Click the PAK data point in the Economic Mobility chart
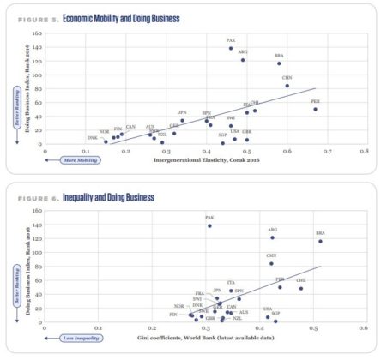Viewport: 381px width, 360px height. tap(231, 48)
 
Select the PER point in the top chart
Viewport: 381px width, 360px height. tap(315, 109)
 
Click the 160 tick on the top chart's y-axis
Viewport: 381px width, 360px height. tap(37, 32)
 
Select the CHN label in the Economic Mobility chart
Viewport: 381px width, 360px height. tap(287, 78)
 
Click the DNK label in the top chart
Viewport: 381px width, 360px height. tap(92, 138)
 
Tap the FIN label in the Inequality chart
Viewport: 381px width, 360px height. tap(173, 315)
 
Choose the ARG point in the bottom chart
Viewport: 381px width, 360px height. tap(272, 237)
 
